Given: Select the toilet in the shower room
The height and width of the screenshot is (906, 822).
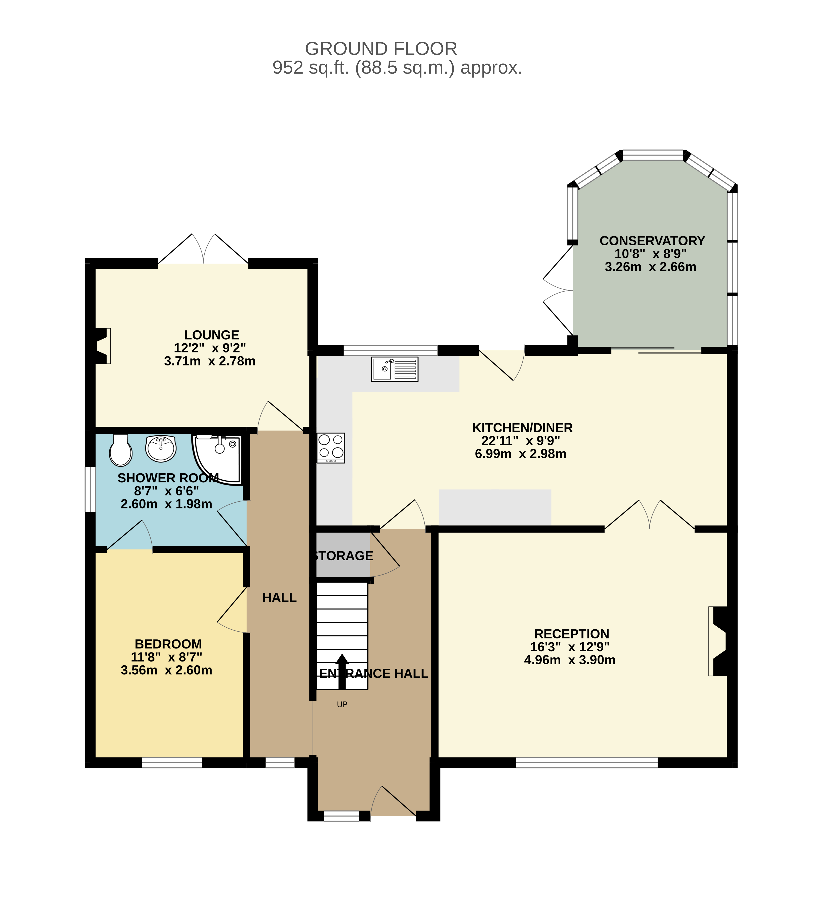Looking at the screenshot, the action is [x=120, y=450].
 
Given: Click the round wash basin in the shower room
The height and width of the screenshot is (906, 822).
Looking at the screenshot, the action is [x=160, y=448].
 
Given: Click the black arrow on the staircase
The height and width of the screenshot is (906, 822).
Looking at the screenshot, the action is [x=342, y=671].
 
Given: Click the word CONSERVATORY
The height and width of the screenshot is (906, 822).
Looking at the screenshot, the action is [x=652, y=241].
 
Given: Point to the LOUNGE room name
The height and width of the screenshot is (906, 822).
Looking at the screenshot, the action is [x=212, y=335].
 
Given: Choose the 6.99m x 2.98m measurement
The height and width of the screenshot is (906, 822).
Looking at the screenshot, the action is [x=520, y=454].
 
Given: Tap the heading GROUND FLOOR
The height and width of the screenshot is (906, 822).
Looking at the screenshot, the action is [x=381, y=49].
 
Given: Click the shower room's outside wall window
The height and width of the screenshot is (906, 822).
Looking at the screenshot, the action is [x=90, y=489].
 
